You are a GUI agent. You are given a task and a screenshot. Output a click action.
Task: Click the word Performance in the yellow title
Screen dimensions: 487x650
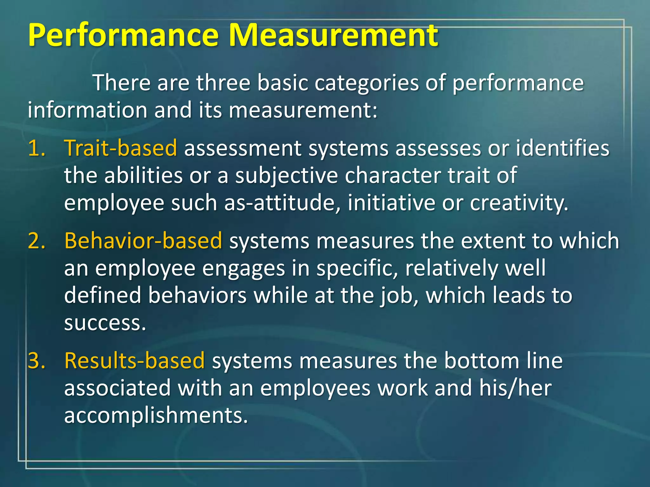tap(123, 36)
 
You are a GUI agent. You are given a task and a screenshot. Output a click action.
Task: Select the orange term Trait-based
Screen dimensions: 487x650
tap(121, 148)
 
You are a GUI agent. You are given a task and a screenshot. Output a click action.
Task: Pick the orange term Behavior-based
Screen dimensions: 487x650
tap(143, 241)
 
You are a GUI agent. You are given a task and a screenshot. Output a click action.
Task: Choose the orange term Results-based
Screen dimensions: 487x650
tap(135, 361)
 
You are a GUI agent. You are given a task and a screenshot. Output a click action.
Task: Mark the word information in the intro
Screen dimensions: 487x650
tap(87, 110)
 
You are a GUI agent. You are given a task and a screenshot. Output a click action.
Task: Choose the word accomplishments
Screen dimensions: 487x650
tap(156, 415)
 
